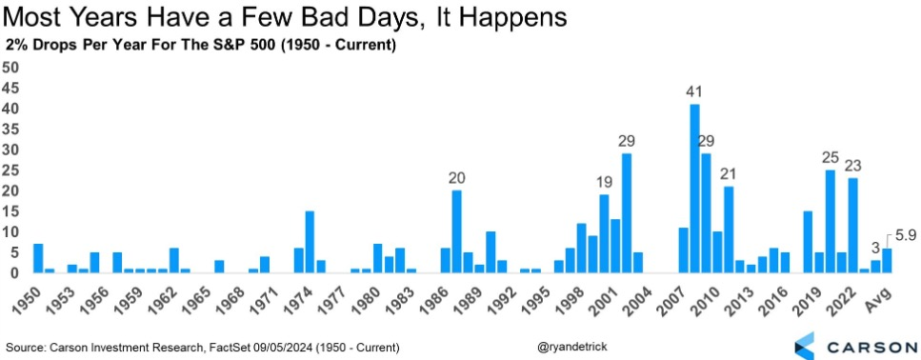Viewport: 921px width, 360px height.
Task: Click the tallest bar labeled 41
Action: tap(694, 189)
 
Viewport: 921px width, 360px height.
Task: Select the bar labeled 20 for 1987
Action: tap(456, 231)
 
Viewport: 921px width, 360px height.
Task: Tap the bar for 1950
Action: tap(38, 258)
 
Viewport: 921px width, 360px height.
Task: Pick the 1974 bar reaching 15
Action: tap(310, 242)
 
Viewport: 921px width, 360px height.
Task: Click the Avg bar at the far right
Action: tap(887, 261)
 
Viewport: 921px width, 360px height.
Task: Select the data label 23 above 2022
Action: tap(852, 166)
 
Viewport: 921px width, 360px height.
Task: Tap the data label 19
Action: tap(604, 182)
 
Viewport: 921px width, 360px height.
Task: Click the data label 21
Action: tap(729, 174)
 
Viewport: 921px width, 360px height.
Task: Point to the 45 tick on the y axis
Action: tap(11, 88)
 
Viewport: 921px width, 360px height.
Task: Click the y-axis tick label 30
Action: tap(11, 150)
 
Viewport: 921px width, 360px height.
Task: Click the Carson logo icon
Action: tap(804, 346)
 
